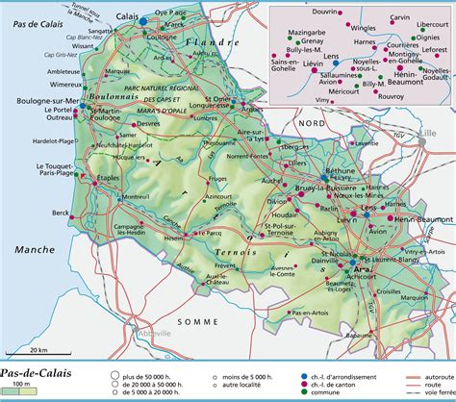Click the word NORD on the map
(309, 123)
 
